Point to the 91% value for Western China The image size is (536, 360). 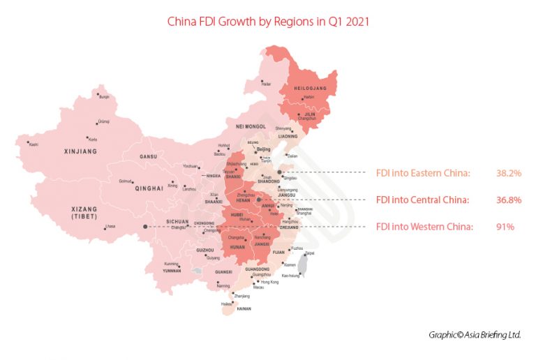tap(505, 227)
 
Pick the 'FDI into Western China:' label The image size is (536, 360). tap(424, 227)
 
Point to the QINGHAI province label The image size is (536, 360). tap(149, 188)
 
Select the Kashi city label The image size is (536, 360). tap(33, 144)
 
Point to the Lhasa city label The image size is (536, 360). tap(110, 227)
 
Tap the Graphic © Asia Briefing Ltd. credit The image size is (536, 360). tap(475, 334)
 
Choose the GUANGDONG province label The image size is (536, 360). tap(258, 269)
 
